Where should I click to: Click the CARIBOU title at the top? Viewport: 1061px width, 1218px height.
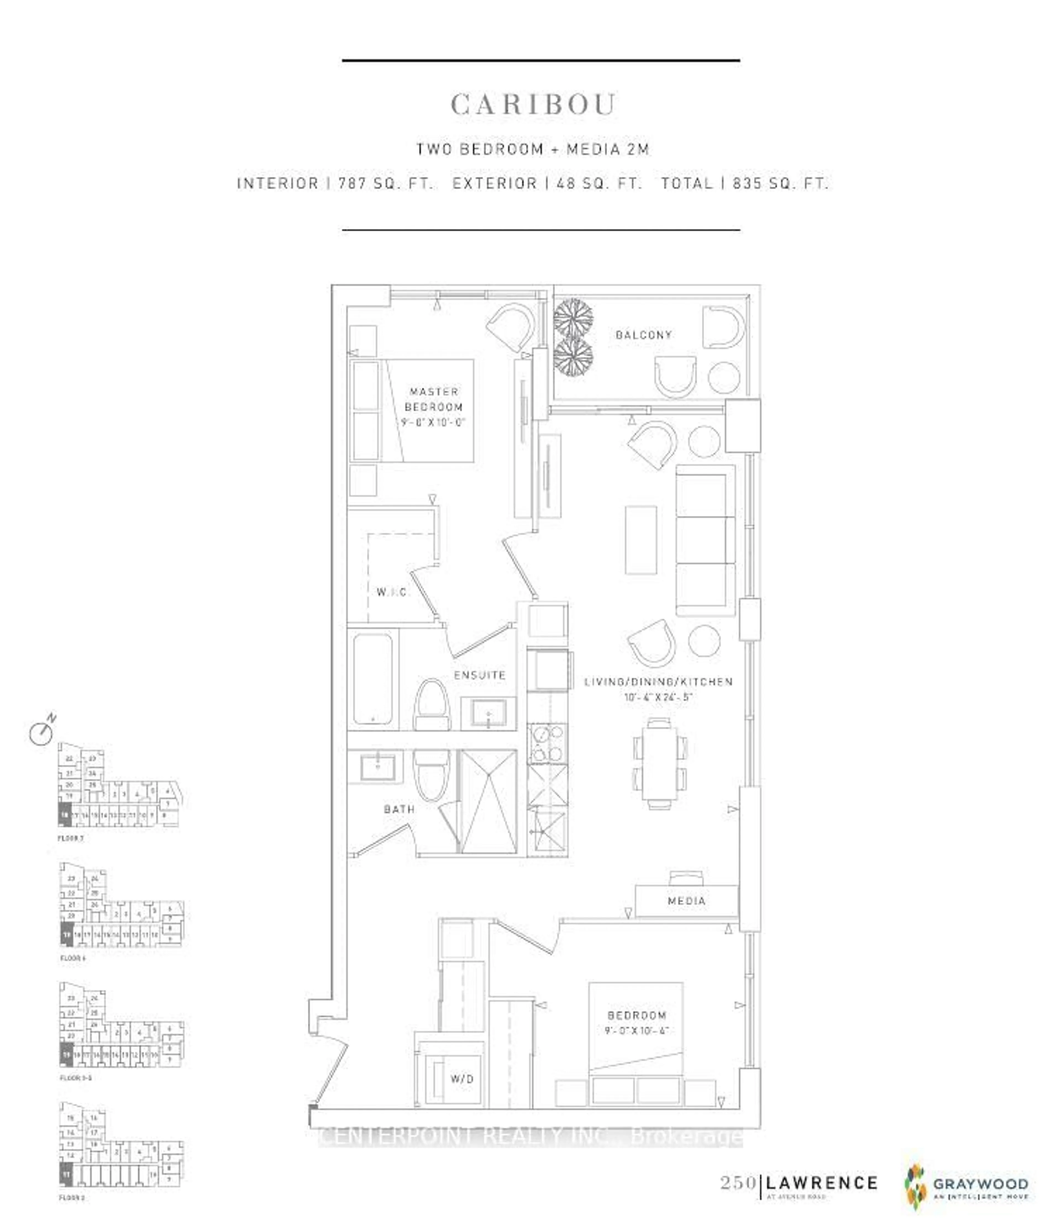(x=533, y=105)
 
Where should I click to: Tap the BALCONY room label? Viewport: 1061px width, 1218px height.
(x=644, y=335)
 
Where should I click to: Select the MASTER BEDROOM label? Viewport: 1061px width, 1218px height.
(x=434, y=399)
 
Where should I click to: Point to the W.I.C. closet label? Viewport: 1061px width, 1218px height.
(x=391, y=592)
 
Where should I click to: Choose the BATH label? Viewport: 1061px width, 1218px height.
(x=399, y=809)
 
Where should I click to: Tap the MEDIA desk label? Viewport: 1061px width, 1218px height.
(x=686, y=901)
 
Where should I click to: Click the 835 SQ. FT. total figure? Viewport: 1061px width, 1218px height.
(x=780, y=183)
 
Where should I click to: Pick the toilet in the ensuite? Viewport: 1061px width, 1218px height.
(x=431, y=704)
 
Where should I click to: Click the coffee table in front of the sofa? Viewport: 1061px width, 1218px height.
(x=641, y=540)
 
